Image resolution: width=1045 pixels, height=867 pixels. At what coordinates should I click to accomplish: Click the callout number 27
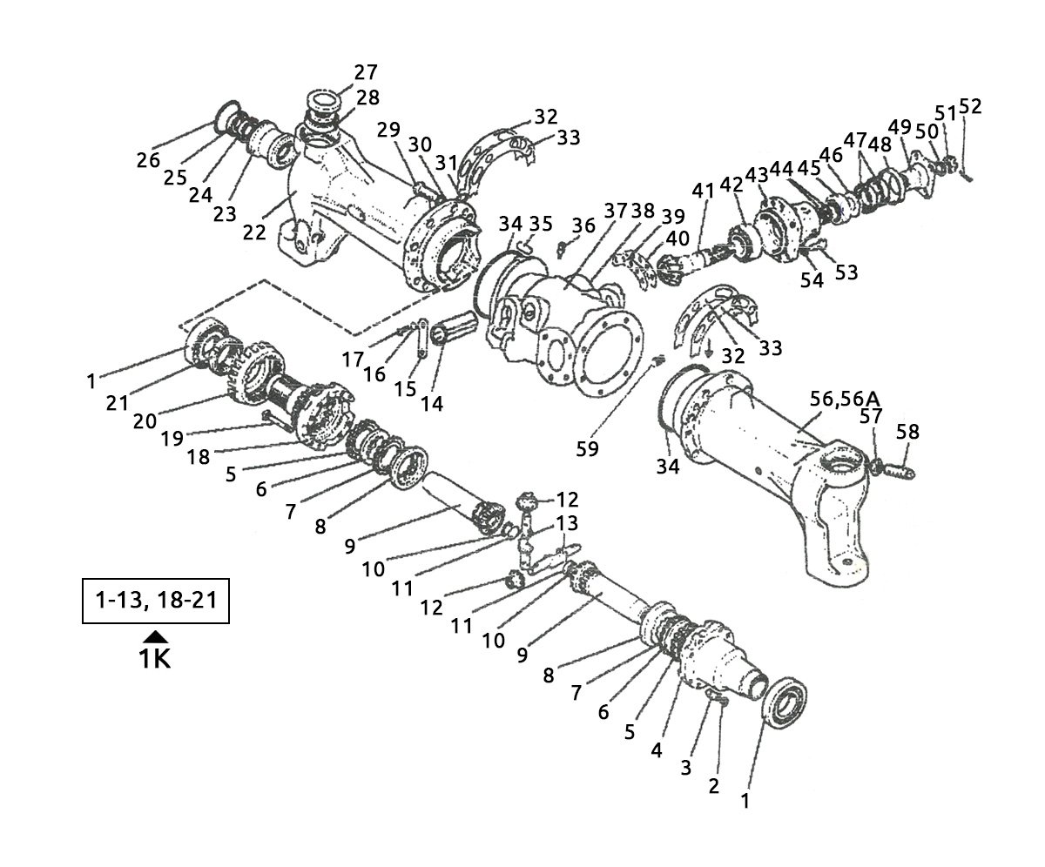pyautogui.click(x=366, y=71)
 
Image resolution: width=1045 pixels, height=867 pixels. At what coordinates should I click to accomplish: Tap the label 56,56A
pyautogui.click(x=844, y=398)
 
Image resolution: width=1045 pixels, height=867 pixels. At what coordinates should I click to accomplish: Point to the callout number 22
pyautogui.click(x=254, y=232)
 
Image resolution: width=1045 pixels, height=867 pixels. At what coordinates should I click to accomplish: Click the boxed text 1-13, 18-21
pyautogui.click(x=155, y=601)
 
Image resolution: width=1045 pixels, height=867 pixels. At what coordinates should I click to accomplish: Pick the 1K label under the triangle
pyautogui.click(x=155, y=658)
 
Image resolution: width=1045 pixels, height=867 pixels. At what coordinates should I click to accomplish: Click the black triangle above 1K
pyautogui.click(x=155, y=636)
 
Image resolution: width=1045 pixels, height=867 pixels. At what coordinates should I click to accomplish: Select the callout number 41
pyautogui.click(x=703, y=190)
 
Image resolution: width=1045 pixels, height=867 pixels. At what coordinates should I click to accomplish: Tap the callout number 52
pyautogui.click(x=970, y=107)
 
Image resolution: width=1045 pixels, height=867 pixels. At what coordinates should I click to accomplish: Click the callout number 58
pyautogui.click(x=907, y=432)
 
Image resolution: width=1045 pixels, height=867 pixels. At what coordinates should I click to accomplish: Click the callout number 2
pyautogui.click(x=714, y=785)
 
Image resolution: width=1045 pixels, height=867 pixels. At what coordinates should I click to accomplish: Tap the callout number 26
pyautogui.click(x=148, y=160)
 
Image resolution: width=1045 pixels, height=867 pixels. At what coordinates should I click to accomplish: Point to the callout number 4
pyautogui.click(x=657, y=749)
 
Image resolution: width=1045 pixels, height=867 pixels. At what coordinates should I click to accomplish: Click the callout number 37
pyautogui.click(x=616, y=212)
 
